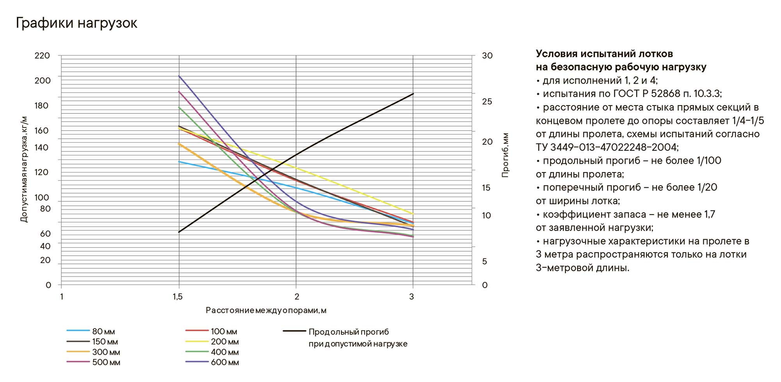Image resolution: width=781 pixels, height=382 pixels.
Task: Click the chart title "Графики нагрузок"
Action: coord(77,23)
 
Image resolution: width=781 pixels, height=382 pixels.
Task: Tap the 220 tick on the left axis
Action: coord(42,56)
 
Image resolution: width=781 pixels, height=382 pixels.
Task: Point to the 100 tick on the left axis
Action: coord(42,197)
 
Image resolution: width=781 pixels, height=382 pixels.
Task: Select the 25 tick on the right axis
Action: coord(487,102)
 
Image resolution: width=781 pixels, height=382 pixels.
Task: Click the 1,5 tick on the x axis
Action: coord(178,297)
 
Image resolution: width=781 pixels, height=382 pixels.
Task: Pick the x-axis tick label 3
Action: coord(412,297)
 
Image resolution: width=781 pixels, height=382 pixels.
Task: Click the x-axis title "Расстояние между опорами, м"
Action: coord(266,310)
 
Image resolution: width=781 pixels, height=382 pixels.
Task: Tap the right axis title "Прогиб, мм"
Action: coord(505,155)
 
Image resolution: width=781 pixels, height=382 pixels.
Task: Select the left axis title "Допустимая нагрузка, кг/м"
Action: coord(24,169)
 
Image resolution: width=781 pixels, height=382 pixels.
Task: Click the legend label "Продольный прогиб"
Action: coord(349,332)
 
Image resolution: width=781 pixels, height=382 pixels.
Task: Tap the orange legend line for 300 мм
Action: coord(78,352)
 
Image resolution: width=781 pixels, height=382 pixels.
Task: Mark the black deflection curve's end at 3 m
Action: coord(413,94)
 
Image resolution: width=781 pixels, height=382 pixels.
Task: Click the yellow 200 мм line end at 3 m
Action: coord(413,214)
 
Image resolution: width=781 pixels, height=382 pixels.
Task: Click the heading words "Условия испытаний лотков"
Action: coord(604,54)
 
